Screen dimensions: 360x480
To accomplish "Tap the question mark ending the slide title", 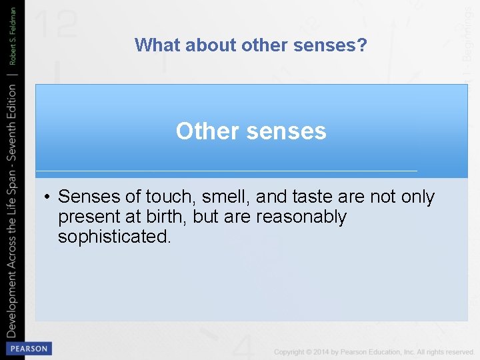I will point(362,45).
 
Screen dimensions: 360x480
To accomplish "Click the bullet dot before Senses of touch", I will point(49,197).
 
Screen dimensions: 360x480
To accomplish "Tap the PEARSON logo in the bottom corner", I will point(29,349).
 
